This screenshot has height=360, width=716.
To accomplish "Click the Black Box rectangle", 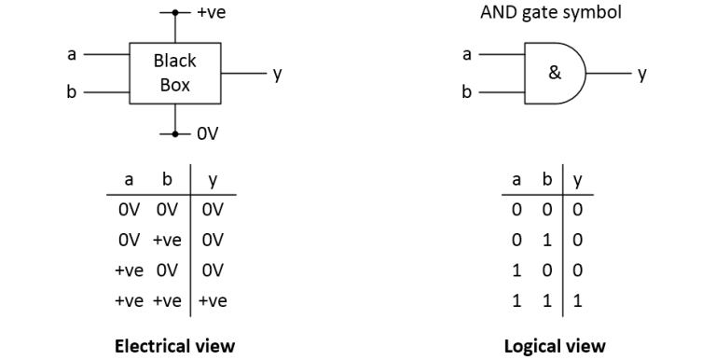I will point(174,73).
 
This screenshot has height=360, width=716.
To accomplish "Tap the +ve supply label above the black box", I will point(212,12).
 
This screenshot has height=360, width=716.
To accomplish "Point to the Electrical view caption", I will point(174,346).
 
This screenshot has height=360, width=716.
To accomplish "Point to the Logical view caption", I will point(554,346).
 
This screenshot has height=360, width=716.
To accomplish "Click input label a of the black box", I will point(71,53).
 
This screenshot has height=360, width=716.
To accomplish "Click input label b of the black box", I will point(71,92).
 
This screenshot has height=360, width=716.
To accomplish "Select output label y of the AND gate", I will point(642,73).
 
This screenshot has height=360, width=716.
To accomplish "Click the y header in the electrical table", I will point(212,180).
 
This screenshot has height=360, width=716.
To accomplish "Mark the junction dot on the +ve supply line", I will point(174,13).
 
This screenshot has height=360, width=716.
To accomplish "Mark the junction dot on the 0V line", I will point(174,133).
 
